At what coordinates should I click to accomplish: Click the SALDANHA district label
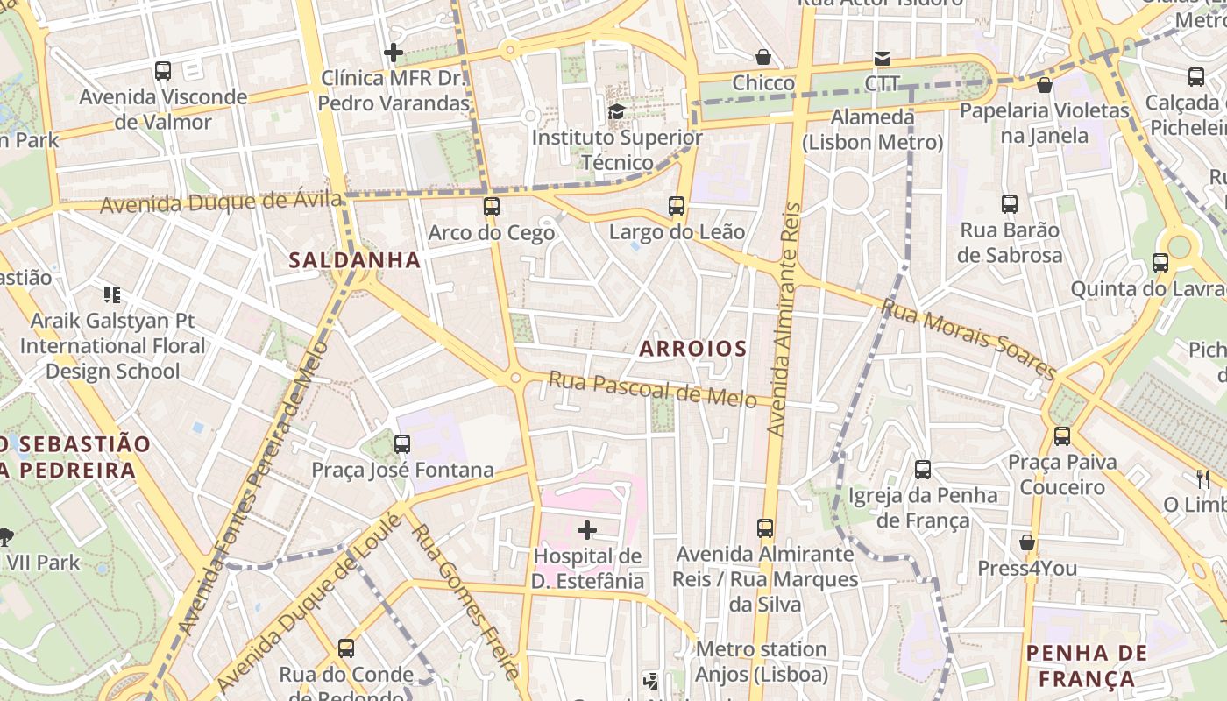(x=355, y=260)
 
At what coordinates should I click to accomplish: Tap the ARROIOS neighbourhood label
(x=692, y=349)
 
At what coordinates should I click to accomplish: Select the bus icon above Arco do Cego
(x=492, y=207)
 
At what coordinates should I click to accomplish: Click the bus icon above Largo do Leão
(x=677, y=206)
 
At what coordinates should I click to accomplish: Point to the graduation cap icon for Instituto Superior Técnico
(x=617, y=111)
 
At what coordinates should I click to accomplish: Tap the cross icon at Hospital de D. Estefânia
(x=587, y=530)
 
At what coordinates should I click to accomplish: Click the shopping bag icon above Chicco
(x=763, y=57)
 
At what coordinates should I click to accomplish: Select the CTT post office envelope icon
(x=883, y=59)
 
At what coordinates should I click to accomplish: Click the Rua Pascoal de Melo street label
(x=652, y=389)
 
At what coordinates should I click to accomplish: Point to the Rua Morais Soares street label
(x=969, y=339)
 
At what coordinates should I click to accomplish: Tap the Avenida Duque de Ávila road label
(x=221, y=202)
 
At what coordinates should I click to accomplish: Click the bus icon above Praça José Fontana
(x=402, y=444)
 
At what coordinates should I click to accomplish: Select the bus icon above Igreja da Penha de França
(x=923, y=470)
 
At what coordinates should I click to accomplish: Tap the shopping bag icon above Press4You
(x=1027, y=543)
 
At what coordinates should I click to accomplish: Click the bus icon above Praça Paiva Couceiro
(x=1062, y=435)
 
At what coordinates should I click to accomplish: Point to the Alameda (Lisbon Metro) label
(x=873, y=130)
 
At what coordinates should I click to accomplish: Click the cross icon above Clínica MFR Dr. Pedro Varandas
(x=394, y=53)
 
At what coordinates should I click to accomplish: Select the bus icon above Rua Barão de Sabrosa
(x=1010, y=204)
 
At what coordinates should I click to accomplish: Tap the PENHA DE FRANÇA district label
(x=1087, y=666)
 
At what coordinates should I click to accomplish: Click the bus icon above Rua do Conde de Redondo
(x=346, y=648)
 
